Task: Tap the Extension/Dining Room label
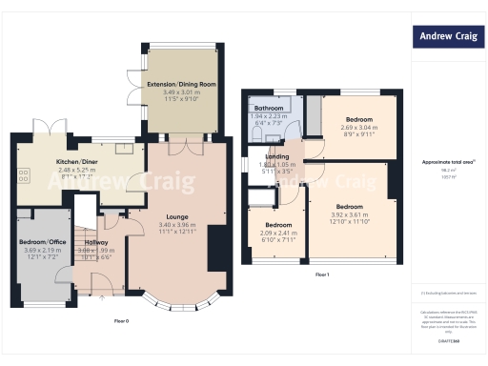tap(181, 84)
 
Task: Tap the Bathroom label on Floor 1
tap(268, 108)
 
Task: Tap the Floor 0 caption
tap(122, 320)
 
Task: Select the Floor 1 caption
tap(321, 274)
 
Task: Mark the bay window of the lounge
tap(180, 304)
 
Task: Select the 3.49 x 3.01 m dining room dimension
tap(181, 91)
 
